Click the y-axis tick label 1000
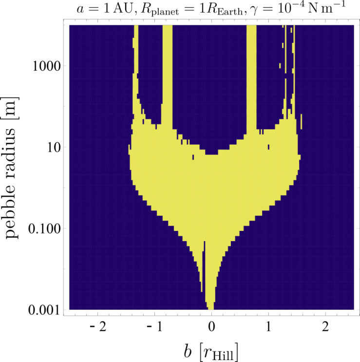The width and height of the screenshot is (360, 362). [x=47, y=66]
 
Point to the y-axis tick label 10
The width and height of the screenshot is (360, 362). [x=54, y=148]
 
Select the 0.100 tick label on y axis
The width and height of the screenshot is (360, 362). [x=44, y=229]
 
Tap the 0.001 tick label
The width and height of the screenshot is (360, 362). [x=44, y=310]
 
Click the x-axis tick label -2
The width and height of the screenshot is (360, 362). [x=98, y=327]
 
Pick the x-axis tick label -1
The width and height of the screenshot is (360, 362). [x=154, y=327]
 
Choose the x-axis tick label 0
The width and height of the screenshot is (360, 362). [x=211, y=327]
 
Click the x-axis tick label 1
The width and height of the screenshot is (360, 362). [x=268, y=327]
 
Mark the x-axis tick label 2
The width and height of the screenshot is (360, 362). [x=325, y=327]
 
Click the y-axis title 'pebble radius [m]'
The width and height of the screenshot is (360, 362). [x=11, y=168]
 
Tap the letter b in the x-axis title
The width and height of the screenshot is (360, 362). [x=188, y=352]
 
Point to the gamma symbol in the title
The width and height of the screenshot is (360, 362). [x=255, y=11]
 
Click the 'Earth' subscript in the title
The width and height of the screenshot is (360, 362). [x=230, y=12]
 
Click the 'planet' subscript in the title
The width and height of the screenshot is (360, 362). [x=165, y=13]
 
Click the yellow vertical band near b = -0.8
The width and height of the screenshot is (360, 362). [x=168, y=76]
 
